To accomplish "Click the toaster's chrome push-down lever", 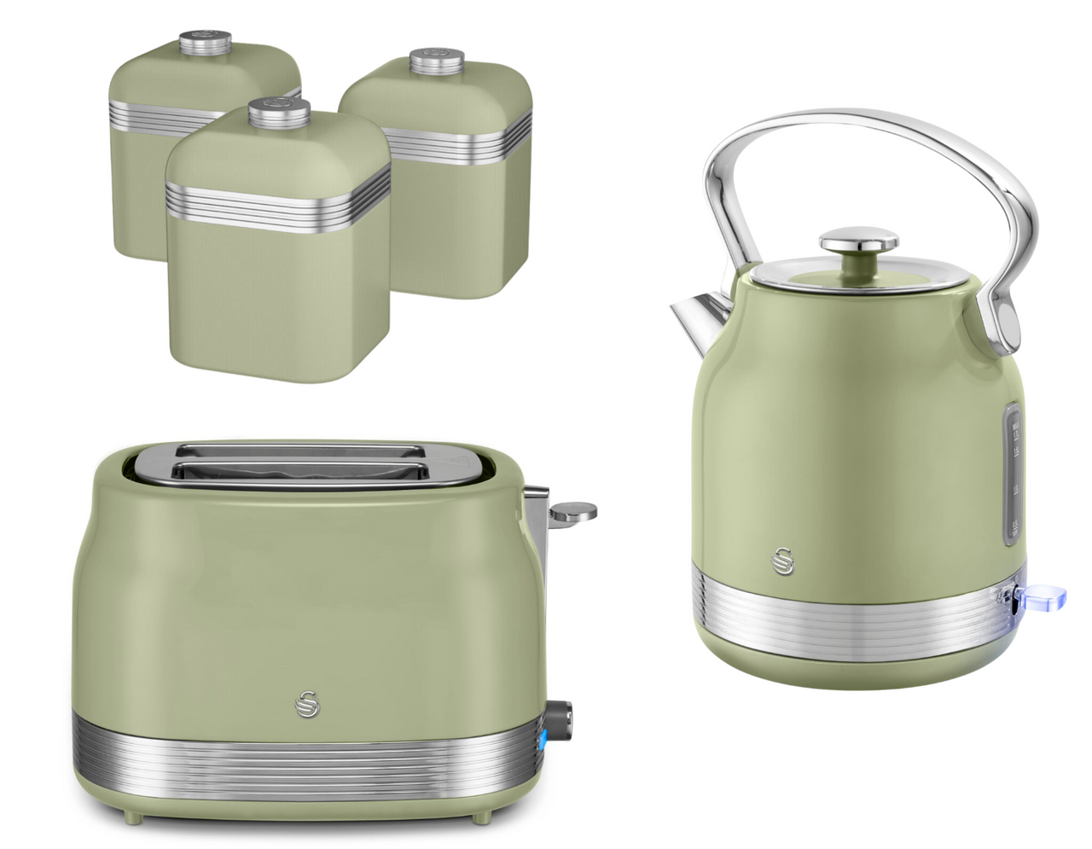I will coord(572,511).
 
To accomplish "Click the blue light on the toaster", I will coord(543,741).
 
